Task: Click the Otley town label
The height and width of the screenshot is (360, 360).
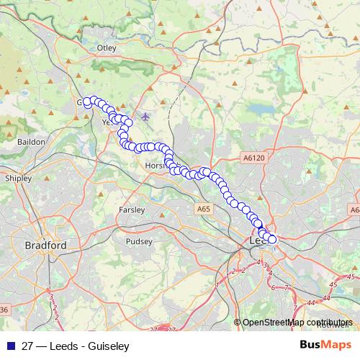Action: (x=107, y=48)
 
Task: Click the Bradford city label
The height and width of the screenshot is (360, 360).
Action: (x=45, y=246)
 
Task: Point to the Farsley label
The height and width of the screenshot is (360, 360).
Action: (x=131, y=210)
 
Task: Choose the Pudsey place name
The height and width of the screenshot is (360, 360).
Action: (x=138, y=242)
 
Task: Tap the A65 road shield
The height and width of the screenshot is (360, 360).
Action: (x=204, y=208)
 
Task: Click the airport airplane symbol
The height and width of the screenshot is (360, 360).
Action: (x=146, y=116)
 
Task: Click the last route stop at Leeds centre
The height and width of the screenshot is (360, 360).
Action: (x=271, y=239)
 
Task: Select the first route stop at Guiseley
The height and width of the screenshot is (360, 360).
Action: (x=87, y=102)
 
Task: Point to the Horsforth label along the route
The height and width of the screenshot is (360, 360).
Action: (x=155, y=166)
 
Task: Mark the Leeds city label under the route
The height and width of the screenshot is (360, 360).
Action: (x=258, y=240)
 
